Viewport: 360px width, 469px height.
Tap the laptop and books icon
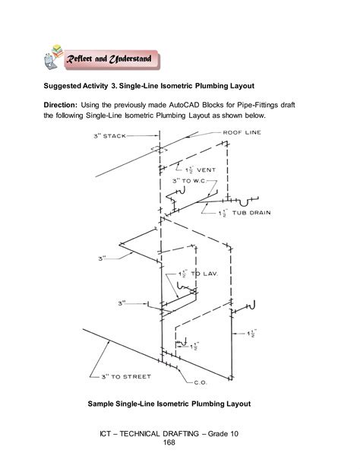pos(54,59)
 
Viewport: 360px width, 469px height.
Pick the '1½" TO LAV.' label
pos(200,273)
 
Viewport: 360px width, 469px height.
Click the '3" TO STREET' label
pos(124,376)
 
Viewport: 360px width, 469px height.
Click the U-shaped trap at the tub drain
pos(244,203)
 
